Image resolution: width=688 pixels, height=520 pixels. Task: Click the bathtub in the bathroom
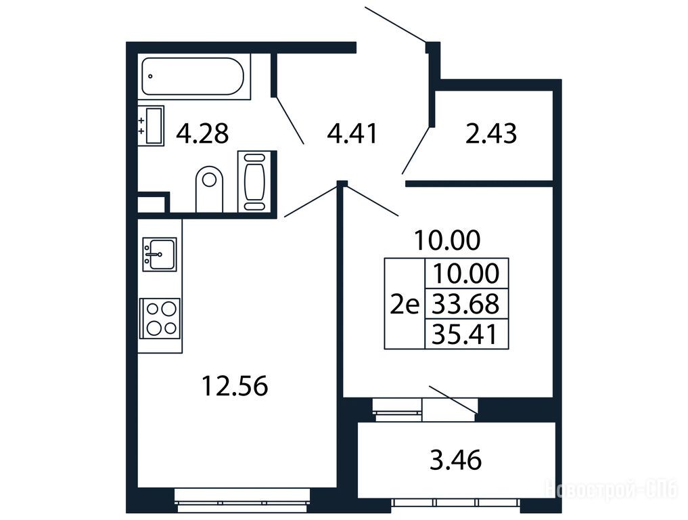tap(193, 77)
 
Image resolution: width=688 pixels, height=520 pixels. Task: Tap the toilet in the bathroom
tap(209, 189)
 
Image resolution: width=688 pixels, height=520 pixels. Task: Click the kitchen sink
tap(159, 255)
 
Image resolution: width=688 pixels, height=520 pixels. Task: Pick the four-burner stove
tap(160, 318)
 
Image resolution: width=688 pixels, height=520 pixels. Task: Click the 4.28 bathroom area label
tap(202, 133)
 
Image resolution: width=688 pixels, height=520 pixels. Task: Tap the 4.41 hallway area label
tap(352, 133)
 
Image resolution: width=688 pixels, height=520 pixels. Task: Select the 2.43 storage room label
tap(491, 133)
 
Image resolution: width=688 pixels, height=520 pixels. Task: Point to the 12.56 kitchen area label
tap(235, 386)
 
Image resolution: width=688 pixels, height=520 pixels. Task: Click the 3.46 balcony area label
tap(455, 460)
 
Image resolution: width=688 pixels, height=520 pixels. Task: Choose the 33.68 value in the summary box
tap(465, 303)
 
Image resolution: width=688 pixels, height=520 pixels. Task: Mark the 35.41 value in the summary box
tap(465, 334)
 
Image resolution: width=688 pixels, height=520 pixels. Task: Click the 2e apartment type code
tap(405, 305)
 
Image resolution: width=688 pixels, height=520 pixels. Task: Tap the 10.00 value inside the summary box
tap(466, 273)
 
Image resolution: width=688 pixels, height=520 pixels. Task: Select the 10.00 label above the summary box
tap(447, 240)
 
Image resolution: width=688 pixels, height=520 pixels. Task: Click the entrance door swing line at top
tap(395, 24)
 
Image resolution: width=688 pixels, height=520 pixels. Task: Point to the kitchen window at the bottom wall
tap(242, 500)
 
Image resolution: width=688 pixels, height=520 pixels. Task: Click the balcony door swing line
tap(453, 399)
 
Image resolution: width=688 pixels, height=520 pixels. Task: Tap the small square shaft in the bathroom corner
tap(152, 204)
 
